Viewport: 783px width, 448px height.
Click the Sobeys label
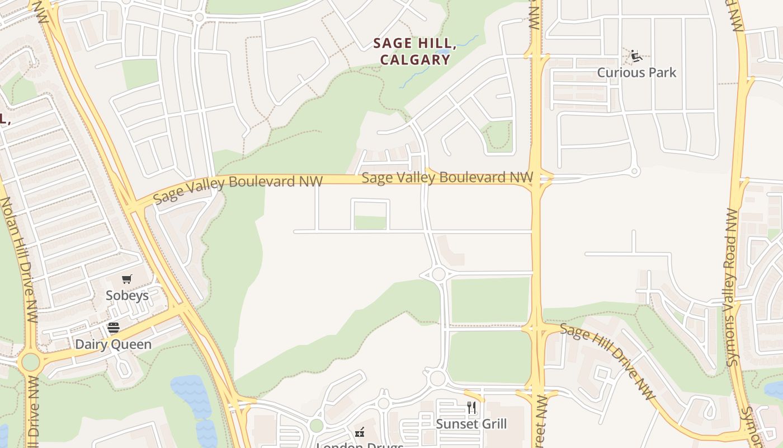pos(128,295)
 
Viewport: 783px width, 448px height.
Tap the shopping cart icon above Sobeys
pos(127,279)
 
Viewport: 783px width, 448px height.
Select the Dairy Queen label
pos(114,344)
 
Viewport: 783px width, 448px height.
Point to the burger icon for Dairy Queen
pos(114,328)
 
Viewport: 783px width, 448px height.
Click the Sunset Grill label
pos(471,424)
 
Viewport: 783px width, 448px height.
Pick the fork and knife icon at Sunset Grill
pos(471,408)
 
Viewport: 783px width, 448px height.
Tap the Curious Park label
pos(636,72)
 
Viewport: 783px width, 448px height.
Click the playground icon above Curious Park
pos(636,56)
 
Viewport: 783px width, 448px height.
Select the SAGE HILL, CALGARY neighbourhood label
pos(414,52)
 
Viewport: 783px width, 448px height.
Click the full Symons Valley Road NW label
pos(732,287)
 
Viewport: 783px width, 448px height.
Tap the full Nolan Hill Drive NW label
pos(20,260)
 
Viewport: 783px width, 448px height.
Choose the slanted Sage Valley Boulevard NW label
pos(238,189)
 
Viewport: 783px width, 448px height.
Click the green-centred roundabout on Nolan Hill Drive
pos(30,362)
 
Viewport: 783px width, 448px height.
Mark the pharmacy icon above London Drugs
pos(360,432)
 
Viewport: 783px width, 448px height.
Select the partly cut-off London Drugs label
pos(360,445)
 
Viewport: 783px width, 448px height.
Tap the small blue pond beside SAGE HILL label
pos(444,52)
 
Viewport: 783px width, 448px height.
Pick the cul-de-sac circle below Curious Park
pos(634,171)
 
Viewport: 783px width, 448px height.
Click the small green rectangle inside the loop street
pos(370,223)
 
